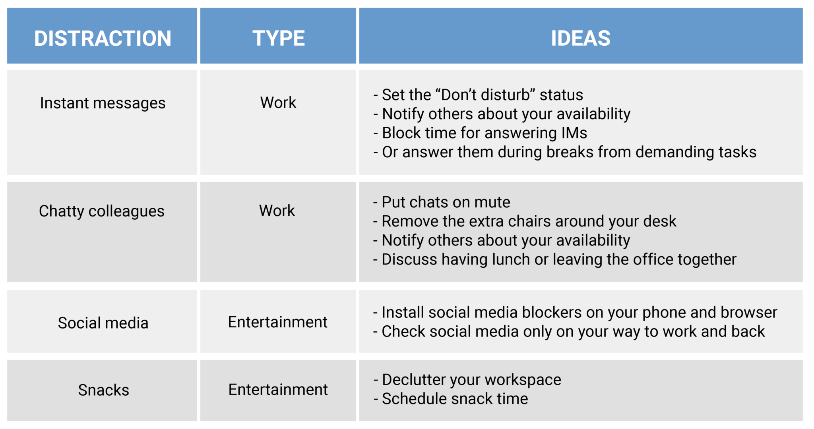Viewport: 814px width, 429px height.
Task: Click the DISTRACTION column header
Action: pos(103,38)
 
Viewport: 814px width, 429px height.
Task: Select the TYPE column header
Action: pos(278,38)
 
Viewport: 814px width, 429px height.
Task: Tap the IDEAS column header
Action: pos(580,38)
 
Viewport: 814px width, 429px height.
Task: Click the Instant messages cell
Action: pos(103,103)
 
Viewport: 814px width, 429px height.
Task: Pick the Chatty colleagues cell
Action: pos(101,211)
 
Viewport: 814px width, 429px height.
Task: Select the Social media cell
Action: pos(103,323)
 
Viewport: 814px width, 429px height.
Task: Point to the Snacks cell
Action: pos(103,390)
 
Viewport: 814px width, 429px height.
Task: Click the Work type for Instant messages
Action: pos(278,102)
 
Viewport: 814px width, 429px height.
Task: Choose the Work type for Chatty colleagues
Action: pos(277,211)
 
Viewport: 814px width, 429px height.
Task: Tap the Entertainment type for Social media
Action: pos(277,322)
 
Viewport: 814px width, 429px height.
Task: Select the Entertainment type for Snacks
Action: pos(278,390)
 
